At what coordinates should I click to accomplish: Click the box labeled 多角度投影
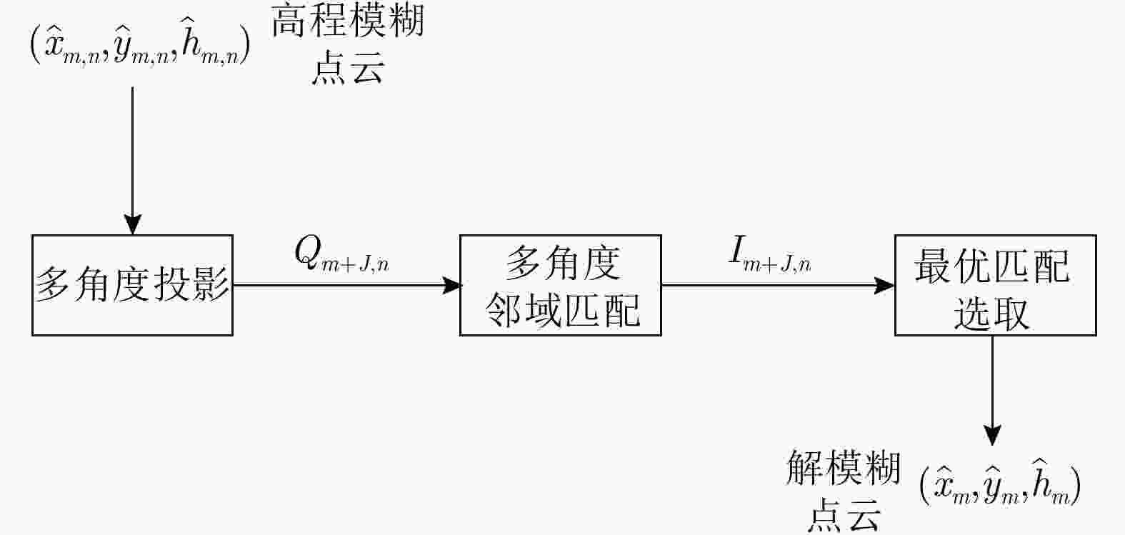pos(132,285)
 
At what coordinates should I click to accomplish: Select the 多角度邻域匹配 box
pos(560,285)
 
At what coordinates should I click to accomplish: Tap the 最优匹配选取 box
pos(995,285)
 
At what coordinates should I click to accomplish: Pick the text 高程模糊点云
pos(348,44)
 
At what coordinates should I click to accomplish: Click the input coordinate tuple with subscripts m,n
pos(140,46)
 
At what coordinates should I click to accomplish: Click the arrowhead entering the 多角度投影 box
pos(133,225)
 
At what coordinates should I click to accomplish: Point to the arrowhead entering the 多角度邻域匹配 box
pos(451,286)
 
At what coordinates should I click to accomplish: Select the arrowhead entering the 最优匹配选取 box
pos(886,286)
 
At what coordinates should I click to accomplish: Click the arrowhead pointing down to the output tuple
pos(992,435)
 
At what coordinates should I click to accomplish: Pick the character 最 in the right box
pos(934,267)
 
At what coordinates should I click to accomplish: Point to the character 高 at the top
pos(290,21)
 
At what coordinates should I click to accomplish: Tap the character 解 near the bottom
pos(805,468)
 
